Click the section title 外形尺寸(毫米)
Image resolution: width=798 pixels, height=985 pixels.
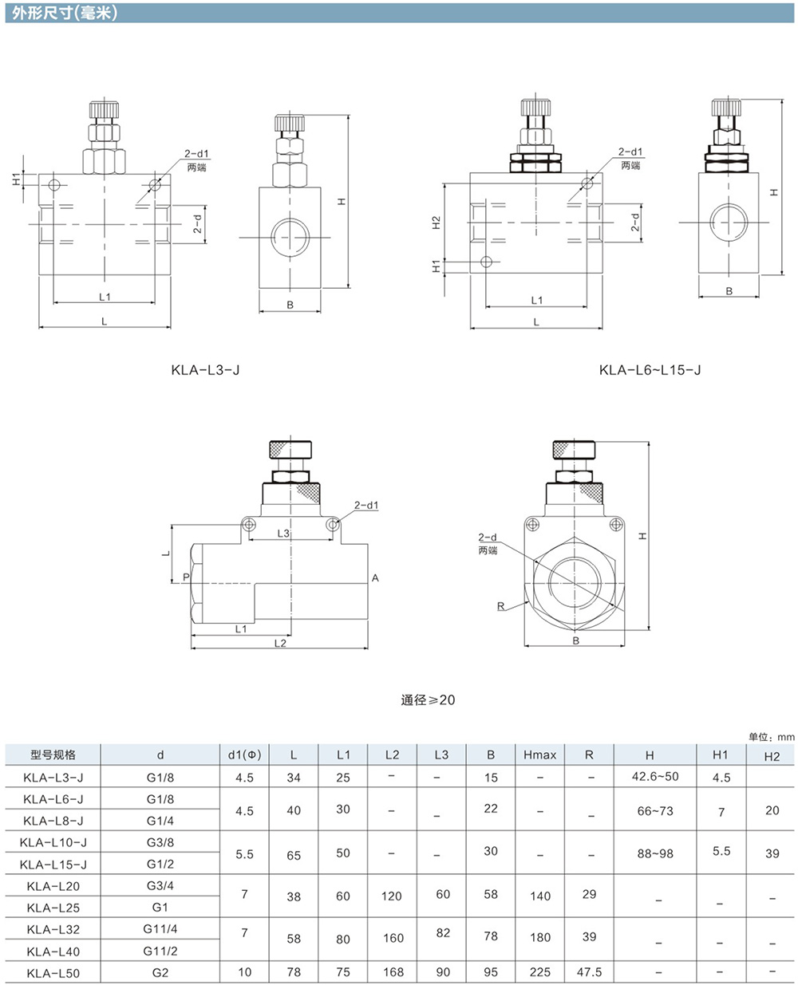pyautogui.click(x=65, y=13)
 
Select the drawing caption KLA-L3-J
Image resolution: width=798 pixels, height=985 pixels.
pyautogui.click(x=205, y=370)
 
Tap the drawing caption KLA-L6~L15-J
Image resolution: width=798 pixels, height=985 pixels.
pyautogui.click(x=650, y=370)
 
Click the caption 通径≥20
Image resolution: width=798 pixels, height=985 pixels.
pyautogui.click(x=428, y=699)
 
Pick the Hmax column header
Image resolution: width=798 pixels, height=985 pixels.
pyautogui.click(x=540, y=755)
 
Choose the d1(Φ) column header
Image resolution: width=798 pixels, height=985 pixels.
pyautogui.click(x=245, y=755)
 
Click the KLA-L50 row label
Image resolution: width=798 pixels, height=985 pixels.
pyautogui.click(x=53, y=973)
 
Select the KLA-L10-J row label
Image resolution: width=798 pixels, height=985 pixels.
pyautogui.click(x=53, y=842)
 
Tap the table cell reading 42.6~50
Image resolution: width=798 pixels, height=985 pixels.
pyautogui.click(x=655, y=776)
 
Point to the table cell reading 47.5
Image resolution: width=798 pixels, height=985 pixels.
pyautogui.click(x=589, y=972)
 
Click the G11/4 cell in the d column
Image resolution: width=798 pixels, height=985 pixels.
pyautogui.click(x=160, y=928)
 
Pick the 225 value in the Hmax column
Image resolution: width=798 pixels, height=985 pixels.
pyautogui.click(x=540, y=972)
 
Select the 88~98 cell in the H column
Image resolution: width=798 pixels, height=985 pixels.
pyautogui.click(x=655, y=853)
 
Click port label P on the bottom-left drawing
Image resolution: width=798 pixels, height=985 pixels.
pyautogui.click(x=186, y=577)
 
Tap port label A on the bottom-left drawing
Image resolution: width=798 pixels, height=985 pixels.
pyautogui.click(x=375, y=577)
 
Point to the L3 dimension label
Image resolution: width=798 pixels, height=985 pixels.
pyautogui.click(x=283, y=534)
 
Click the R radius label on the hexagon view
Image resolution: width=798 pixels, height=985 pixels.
pyautogui.click(x=500, y=606)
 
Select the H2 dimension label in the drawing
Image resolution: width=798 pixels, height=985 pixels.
pyautogui.click(x=436, y=223)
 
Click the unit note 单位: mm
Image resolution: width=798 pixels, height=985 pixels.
pyautogui.click(x=771, y=737)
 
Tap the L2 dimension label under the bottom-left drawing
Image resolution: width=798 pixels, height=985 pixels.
pyautogui.click(x=280, y=644)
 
